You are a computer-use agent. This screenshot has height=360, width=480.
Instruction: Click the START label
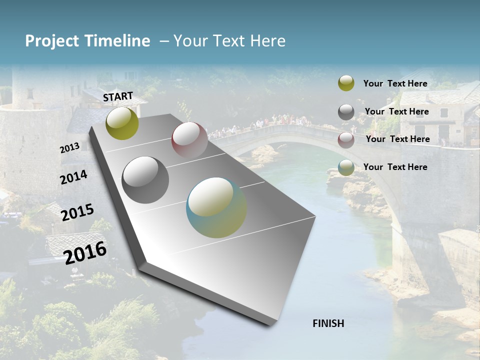click(x=118, y=96)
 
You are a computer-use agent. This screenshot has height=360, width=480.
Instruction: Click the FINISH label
click(x=328, y=323)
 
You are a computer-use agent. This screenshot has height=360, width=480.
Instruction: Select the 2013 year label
click(x=69, y=148)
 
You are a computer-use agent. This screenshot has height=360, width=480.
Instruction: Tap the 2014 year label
click(x=73, y=177)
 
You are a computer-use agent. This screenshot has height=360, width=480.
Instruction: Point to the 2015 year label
click(x=77, y=212)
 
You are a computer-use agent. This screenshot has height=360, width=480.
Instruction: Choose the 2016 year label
click(x=85, y=252)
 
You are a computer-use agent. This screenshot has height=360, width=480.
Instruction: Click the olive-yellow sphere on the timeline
click(x=122, y=123)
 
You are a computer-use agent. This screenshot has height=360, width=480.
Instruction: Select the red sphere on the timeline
click(x=189, y=140)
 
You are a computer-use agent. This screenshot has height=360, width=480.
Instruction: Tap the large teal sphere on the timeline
click(x=216, y=207)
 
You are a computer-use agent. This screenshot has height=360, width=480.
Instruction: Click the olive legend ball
click(x=346, y=83)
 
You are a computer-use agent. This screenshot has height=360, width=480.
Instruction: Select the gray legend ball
click(x=346, y=112)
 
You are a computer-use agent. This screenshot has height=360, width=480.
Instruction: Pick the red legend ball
click(x=346, y=140)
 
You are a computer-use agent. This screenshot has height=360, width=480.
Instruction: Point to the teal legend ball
click(x=346, y=167)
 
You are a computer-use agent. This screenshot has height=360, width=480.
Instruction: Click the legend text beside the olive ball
click(x=395, y=83)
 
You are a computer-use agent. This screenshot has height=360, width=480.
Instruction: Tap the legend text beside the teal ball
click(x=395, y=167)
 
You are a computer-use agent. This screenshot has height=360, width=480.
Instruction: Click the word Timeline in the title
click(x=117, y=41)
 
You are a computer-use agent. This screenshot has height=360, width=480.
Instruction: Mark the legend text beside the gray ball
click(x=396, y=111)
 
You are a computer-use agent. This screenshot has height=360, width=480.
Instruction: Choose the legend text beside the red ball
click(x=397, y=139)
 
